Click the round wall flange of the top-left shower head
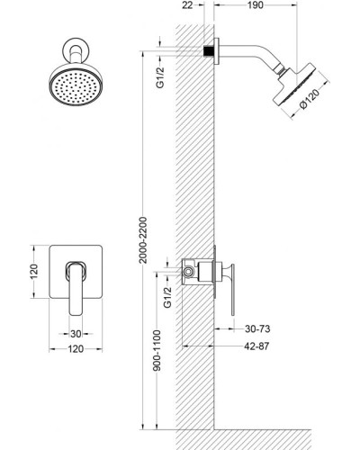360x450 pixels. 72,47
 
